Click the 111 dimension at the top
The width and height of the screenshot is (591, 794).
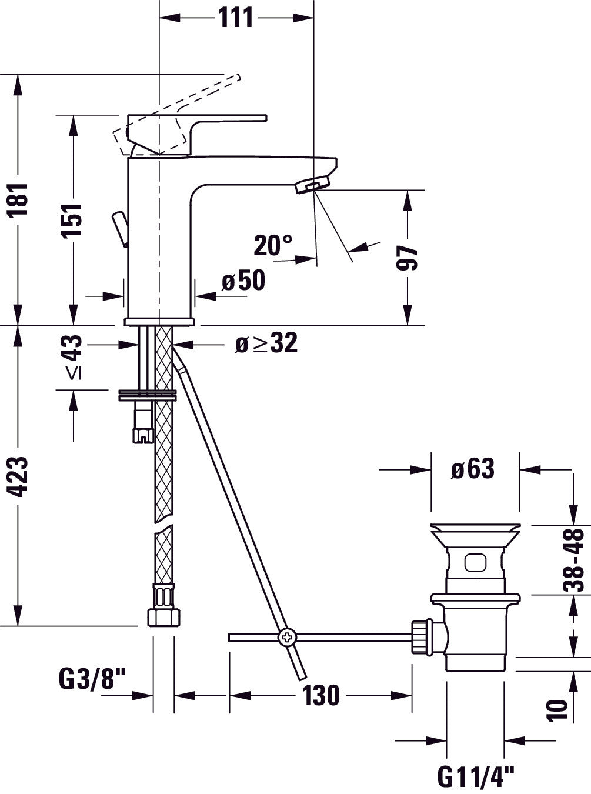point(236,17)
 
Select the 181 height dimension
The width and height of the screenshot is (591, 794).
point(18,199)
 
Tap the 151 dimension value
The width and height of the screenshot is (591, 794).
point(71,220)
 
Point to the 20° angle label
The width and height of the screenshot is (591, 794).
point(273,245)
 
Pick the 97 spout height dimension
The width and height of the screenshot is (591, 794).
point(407,258)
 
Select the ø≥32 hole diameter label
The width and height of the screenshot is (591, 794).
point(266,343)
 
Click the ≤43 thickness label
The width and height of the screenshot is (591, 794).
point(74,357)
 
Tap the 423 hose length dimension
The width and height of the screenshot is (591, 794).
point(18,476)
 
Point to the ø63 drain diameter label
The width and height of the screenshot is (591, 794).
point(473,468)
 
